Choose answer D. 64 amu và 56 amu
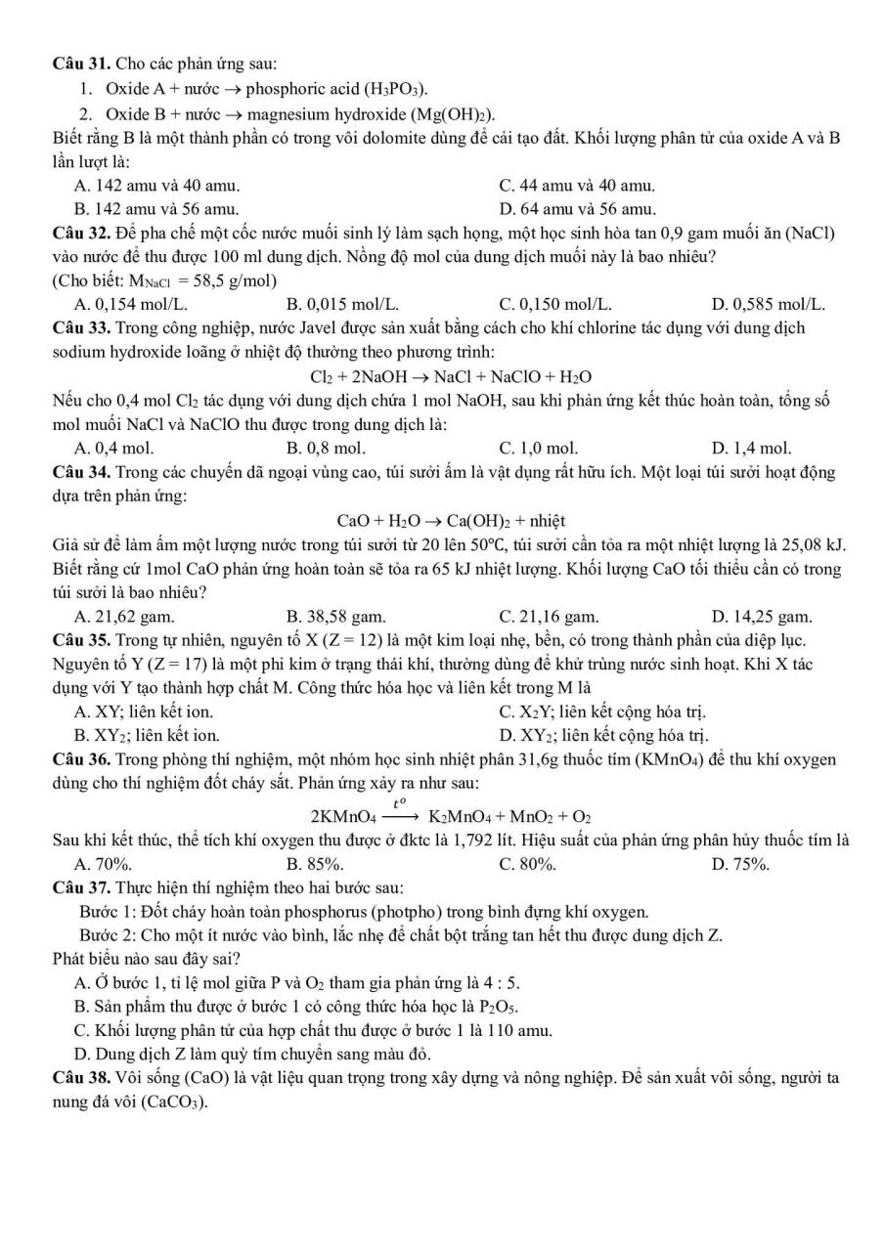pyautogui.click(x=577, y=208)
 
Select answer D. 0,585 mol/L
pyautogui.click(x=769, y=304)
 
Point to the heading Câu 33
pyautogui.click(x=81, y=327)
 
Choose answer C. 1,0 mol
pyautogui.click(x=538, y=449)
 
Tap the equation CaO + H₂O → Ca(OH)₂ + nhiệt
pyautogui.click(x=451, y=520)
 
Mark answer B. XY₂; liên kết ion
pyautogui.click(x=147, y=735)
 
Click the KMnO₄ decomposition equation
pyautogui.click(x=451, y=814)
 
